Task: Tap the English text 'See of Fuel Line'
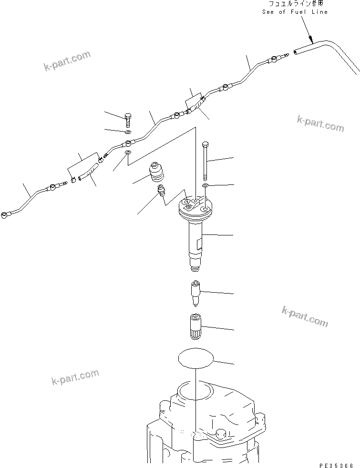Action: [295, 11]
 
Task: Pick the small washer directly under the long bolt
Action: [205, 184]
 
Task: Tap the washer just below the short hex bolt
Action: [128, 132]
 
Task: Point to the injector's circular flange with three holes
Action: [195, 206]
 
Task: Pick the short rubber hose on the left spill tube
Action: [89, 170]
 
